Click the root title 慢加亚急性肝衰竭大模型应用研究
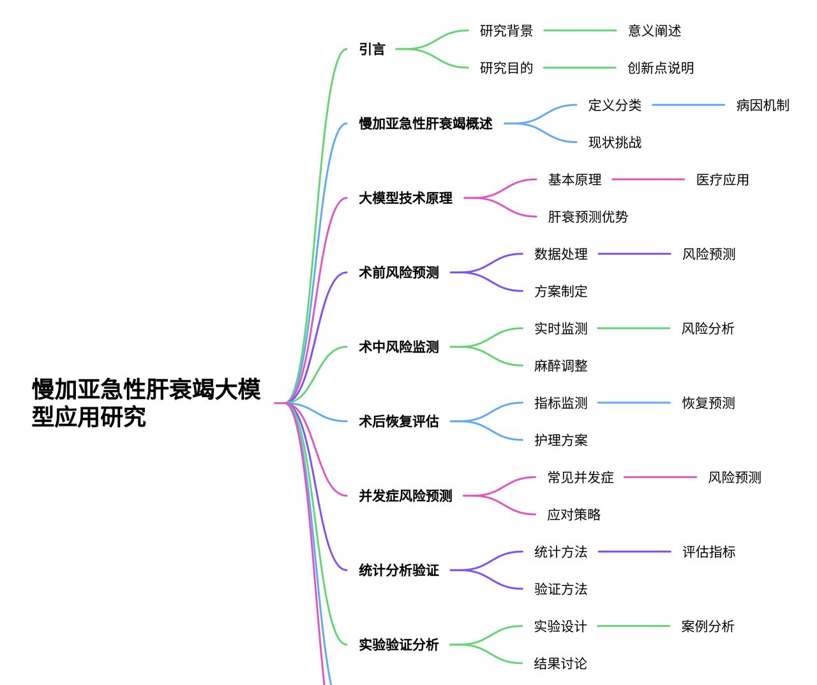pos(146,403)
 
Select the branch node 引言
pos(372,49)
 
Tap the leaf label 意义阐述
pos(654,31)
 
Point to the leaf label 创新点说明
pos(661,68)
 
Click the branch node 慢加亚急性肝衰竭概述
pos(426,124)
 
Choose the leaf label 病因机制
pos(762,105)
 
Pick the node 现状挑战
pos(615,142)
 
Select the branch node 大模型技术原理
pos(405,199)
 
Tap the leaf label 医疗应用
pos(723,180)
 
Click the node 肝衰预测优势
pos(588,217)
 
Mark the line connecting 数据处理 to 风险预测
pos(634,254)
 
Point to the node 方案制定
pos(560,291)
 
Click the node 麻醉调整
pos(560,366)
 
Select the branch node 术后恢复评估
pos(398,421)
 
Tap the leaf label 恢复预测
pos(708,403)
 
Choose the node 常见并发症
pos(580,478)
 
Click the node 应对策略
pos(574,515)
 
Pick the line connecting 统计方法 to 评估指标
pos(634,552)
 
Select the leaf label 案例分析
pos(708,626)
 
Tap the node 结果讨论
pos(560,663)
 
